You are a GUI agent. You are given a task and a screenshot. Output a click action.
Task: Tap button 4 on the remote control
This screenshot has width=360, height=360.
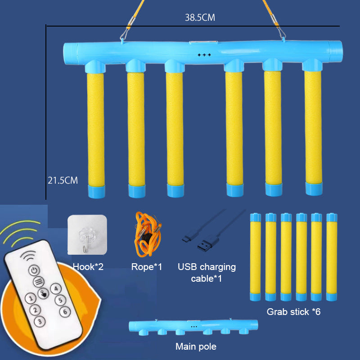(x=55, y=288)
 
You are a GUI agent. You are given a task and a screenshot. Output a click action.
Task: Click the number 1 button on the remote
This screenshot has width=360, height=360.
(x=30, y=298)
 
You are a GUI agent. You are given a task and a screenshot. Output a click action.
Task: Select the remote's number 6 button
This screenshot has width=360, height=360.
(x=65, y=311)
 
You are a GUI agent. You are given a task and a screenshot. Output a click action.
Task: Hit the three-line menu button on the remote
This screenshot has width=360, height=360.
(x=38, y=282)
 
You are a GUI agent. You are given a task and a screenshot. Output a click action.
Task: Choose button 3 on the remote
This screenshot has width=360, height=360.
(x=40, y=321)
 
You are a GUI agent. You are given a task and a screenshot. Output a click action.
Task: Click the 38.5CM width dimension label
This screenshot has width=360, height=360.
(x=200, y=18)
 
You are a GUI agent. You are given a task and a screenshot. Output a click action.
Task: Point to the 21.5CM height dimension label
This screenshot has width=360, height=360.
(x=63, y=180)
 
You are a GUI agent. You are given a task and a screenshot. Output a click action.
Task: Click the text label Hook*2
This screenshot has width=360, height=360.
(x=88, y=267)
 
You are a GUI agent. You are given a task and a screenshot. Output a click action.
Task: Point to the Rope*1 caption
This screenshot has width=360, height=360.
(x=147, y=267)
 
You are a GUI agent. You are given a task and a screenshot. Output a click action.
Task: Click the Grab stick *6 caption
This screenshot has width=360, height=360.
(x=293, y=311)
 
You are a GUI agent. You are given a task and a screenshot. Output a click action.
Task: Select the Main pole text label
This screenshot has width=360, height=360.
(x=196, y=346)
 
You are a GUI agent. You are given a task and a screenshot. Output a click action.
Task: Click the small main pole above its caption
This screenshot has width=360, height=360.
(x=193, y=326)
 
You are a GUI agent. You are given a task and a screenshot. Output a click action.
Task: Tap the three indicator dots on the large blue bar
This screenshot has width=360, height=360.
(x=204, y=55)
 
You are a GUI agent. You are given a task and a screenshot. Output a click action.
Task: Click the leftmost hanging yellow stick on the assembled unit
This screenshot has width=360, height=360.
(x=96, y=130)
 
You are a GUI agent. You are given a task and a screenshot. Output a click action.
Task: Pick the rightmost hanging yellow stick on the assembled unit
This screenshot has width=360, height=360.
(x=313, y=130)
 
